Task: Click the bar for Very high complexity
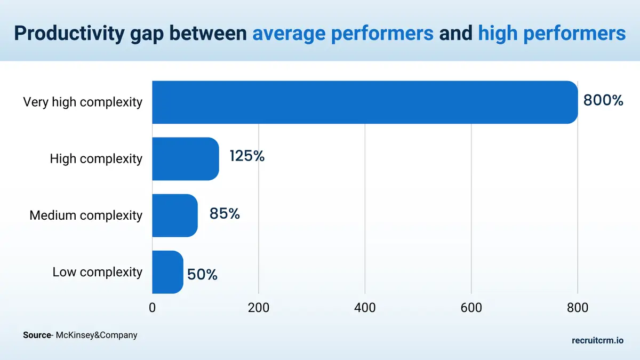click(x=365, y=102)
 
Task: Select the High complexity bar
click(x=186, y=159)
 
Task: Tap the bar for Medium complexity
click(x=175, y=215)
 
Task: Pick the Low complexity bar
click(x=167, y=272)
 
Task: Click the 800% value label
click(x=603, y=100)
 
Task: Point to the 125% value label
click(x=247, y=156)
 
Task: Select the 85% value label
click(x=225, y=213)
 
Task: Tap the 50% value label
click(x=202, y=275)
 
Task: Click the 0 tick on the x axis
click(x=153, y=307)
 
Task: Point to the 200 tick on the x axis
click(x=259, y=307)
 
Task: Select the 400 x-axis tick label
click(x=365, y=307)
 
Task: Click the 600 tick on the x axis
click(x=471, y=307)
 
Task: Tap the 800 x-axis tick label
click(x=577, y=307)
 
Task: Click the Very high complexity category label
click(x=83, y=102)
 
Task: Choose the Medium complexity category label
click(x=86, y=215)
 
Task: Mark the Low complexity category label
click(x=98, y=272)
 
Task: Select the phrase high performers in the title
click(x=551, y=33)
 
